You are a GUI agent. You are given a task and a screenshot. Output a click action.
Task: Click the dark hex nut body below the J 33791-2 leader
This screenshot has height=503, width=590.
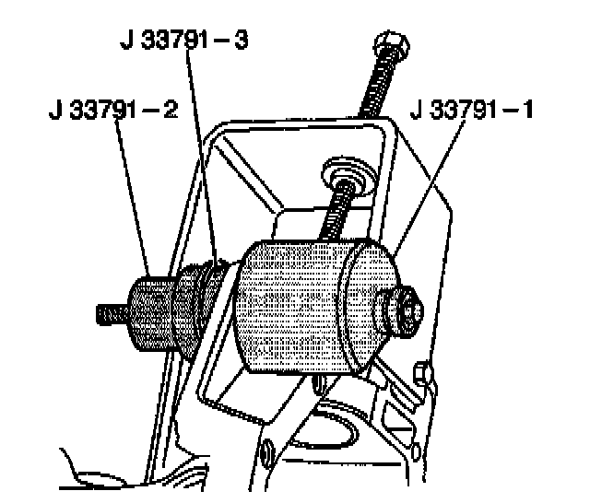click(151, 313)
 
